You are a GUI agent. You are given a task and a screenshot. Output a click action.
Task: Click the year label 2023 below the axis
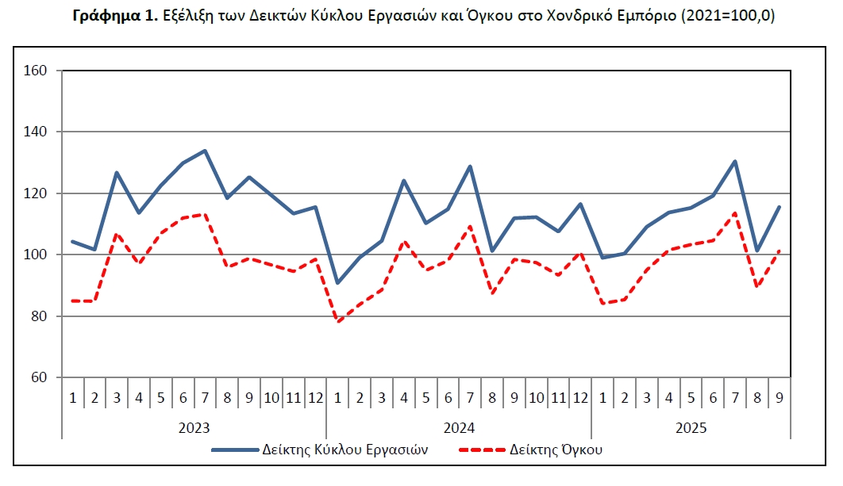(194, 428)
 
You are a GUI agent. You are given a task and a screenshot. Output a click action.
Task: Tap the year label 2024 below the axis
(459, 428)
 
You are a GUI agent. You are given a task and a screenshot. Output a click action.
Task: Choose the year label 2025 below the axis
(691, 428)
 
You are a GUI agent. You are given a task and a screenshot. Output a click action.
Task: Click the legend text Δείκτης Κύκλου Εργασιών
(345, 450)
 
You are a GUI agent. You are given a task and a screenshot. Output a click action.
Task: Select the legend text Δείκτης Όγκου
(558, 450)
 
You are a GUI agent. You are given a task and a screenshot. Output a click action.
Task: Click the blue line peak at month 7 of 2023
(205, 151)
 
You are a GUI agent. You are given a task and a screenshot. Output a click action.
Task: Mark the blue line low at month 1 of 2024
(338, 283)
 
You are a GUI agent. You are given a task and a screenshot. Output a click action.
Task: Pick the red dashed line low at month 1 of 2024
(338, 321)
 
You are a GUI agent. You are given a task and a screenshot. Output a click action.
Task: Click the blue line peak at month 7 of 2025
(735, 162)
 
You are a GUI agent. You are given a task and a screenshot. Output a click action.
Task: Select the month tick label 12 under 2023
(315, 397)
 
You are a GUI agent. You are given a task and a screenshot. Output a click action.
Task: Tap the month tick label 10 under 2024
(536, 397)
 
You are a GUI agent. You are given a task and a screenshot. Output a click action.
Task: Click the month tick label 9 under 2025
(779, 397)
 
